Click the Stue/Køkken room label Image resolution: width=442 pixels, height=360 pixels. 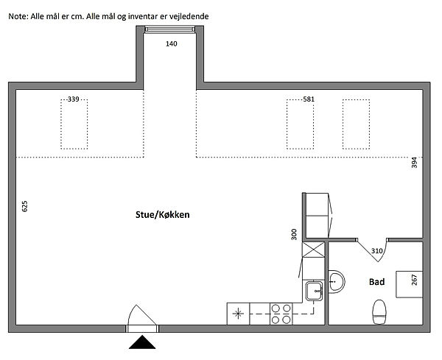point(162,215)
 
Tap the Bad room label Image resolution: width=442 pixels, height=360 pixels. point(376,282)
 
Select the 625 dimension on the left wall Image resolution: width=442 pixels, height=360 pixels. point(25,206)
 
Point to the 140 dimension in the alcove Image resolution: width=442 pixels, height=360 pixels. point(172,43)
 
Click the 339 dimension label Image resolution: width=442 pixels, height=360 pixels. point(73,99)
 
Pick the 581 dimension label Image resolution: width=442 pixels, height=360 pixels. point(309,99)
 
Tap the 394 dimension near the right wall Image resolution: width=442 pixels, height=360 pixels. point(414,163)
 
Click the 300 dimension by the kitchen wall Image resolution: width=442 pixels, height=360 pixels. point(294,234)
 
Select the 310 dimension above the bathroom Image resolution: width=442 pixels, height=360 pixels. point(376,251)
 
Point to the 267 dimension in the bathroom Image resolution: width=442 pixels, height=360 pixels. point(414,280)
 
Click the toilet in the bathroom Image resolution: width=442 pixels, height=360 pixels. point(379,312)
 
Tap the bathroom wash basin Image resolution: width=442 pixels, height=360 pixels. point(337,282)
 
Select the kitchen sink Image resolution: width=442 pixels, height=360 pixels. point(315,291)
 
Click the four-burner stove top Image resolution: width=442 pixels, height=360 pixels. point(281,314)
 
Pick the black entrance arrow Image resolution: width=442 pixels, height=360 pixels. point(142,342)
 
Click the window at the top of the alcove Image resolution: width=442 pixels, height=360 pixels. point(169,29)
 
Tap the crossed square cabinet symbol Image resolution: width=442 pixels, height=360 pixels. point(314,250)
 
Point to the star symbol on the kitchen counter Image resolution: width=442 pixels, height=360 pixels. point(238,314)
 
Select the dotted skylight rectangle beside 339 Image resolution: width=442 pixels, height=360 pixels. point(74,124)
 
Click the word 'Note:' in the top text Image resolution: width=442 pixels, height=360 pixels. point(18,16)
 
